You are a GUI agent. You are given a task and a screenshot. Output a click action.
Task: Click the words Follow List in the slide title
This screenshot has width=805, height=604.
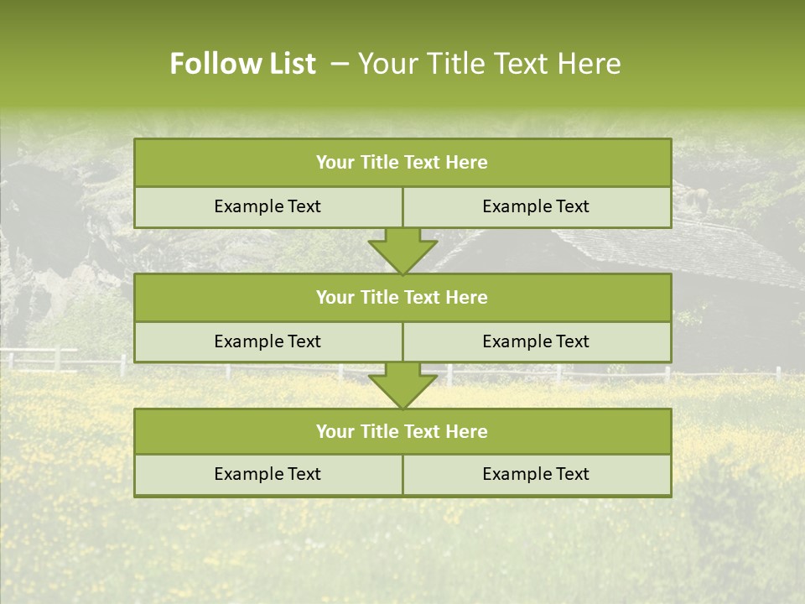tap(242, 64)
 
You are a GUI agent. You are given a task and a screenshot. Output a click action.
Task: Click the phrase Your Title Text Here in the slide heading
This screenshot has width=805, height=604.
tap(490, 64)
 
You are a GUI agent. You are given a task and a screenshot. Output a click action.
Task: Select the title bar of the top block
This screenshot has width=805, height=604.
tap(402, 163)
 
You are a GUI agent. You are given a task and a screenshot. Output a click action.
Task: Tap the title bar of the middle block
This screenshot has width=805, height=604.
tap(402, 297)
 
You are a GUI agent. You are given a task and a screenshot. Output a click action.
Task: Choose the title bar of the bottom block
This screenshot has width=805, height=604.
tap(402, 431)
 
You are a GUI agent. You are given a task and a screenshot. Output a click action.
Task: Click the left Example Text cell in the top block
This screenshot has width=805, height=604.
tap(267, 206)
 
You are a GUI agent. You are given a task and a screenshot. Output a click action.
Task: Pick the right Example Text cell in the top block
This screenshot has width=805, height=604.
tap(536, 206)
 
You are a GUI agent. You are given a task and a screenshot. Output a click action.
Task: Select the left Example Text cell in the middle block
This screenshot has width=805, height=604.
tap(267, 341)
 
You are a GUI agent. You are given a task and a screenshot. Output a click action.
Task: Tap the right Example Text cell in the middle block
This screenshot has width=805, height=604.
tap(536, 341)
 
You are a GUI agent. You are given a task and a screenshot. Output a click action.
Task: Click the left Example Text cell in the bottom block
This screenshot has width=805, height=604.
tap(267, 474)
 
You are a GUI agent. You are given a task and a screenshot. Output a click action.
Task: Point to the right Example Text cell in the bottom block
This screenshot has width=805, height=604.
tap(536, 474)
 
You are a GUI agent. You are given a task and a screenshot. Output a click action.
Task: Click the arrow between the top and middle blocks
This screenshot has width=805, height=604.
tap(402, 251)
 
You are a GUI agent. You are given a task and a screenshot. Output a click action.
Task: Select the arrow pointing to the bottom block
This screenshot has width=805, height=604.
tap(402, 385)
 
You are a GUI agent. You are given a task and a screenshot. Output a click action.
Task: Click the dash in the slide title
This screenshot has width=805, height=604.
tap(340, 64)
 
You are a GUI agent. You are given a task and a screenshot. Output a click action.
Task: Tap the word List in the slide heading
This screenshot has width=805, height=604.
tap(290, 64)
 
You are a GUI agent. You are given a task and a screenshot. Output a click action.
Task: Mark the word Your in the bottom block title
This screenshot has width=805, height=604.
tap(335, 431)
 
